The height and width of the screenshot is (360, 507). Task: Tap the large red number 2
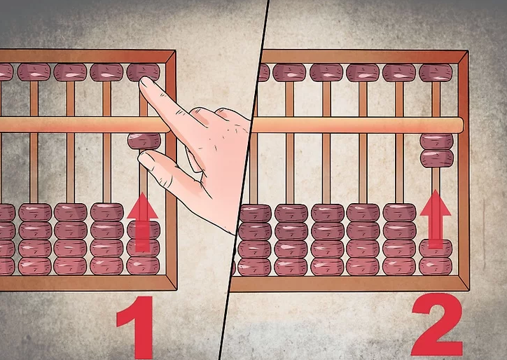[437, 324]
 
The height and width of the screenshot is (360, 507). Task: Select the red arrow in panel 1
[143, 222]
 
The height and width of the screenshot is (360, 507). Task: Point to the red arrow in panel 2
[435, 219]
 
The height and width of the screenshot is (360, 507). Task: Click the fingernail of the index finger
[146, 82]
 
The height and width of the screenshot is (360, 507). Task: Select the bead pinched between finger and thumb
[144, 141]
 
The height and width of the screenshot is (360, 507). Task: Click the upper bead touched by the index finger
[144, 72]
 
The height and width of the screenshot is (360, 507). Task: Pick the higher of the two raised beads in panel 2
[436, 141]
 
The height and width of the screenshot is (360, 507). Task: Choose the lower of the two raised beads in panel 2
[436, 158]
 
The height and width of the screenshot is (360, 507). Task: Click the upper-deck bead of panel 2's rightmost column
[436, 73]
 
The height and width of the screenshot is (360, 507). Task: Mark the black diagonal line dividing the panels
[244, 180]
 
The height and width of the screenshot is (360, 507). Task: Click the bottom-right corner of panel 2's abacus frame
[468, 290]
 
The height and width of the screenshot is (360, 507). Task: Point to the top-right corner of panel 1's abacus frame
[175, 50]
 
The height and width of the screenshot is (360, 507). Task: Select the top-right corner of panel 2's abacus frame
[468, 51]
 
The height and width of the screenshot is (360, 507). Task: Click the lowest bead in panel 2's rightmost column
[436, 266]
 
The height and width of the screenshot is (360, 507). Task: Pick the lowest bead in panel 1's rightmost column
[143, 266]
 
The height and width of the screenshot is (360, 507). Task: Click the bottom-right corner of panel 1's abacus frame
[176, 289]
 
